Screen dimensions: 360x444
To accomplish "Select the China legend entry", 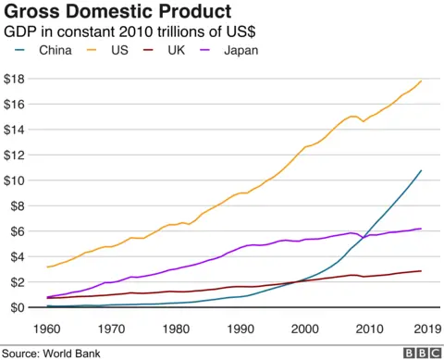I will (59, 50).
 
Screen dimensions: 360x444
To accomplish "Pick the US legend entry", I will (117, 50).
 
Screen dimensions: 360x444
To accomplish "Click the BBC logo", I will (422, 352).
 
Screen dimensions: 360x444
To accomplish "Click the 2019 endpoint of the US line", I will (422, 81).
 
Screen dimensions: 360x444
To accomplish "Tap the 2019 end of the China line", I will (422, 170).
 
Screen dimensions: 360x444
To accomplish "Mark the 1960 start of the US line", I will (46, 267).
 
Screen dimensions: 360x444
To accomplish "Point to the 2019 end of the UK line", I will (422, 271).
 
